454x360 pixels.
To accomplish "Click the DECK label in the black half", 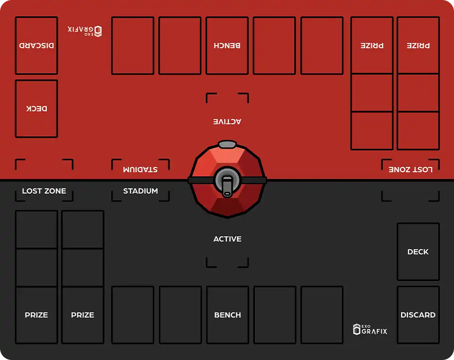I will tap(418, 252).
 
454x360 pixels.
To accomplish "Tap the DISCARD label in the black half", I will tap(418, 315).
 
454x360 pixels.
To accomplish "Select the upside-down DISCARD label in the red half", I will tap(36, 45).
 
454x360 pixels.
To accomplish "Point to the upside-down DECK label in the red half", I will tap(36, 108).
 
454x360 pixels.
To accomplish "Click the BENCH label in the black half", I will tap(227, 315).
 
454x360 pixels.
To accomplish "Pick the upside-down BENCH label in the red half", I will tap(227, 45).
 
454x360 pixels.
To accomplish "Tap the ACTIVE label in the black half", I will tap(227, 239).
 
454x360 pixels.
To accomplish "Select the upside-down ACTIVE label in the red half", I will tap(227, 122).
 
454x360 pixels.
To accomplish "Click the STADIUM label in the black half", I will tap(140, 191).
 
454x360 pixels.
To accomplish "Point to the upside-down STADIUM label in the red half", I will tap(140, 169).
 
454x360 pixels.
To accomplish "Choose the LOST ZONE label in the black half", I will tap(44, 191).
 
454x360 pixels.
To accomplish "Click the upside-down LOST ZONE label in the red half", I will tap(410, 169).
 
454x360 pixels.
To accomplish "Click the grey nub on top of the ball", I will tap(227, 144).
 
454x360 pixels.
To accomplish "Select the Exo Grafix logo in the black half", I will tap(370, 329).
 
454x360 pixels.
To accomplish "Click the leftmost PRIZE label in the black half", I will tap(36, 315).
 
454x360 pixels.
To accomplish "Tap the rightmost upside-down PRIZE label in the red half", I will tap(419, 45).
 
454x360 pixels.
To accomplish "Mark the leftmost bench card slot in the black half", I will tap(133, 315).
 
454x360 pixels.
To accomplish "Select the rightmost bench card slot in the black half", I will tap(322, 315).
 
